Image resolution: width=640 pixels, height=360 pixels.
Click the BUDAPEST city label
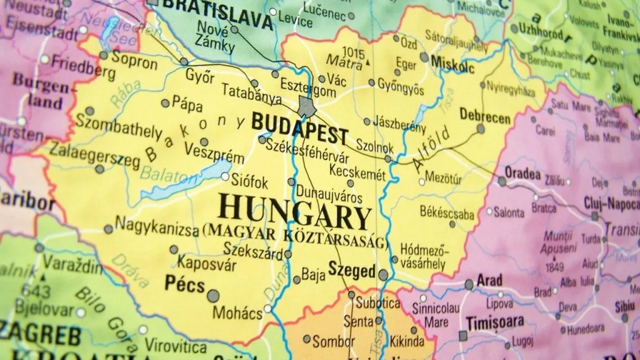point(299,129)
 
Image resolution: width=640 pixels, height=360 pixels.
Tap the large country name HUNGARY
point(295,209)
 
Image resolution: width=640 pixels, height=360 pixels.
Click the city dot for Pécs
point(213,296)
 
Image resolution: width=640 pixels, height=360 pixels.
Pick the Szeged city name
point(352,271)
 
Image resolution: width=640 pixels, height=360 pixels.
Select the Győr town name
point(200,76)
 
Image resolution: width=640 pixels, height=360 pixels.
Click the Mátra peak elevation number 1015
point(353,52)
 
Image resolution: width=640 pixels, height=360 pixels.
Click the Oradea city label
point(523,174)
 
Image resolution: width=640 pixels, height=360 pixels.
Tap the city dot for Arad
point(469,285)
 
